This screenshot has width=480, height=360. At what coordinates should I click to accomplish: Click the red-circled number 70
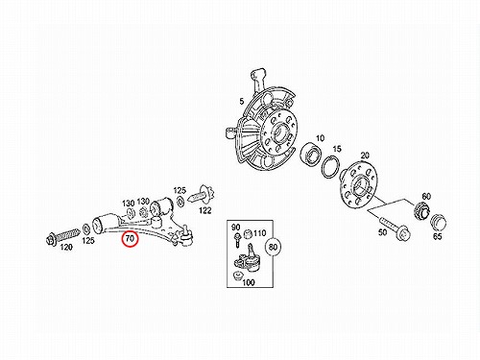(131, 238)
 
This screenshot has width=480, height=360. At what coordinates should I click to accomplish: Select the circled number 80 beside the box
(273, 247)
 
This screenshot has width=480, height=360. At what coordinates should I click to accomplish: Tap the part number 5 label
(242, 102)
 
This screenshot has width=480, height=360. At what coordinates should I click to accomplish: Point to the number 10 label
(320, 138)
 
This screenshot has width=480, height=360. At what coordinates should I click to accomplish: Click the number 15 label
(337, 149)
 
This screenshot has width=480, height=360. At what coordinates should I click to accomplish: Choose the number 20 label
(365, 156)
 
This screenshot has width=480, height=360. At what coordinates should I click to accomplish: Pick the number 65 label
(437, 236)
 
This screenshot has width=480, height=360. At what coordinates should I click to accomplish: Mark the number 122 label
(205, 210)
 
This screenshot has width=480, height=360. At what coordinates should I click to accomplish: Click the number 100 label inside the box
(249, 282)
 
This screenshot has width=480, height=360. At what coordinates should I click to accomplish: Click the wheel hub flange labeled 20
(357, 185)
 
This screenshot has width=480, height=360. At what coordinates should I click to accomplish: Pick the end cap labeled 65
(438, 222)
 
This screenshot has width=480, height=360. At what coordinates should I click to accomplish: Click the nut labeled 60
(421, 211)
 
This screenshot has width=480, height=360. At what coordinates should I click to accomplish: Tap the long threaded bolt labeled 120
(63, 235)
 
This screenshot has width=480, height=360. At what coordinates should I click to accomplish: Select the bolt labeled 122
(202, 196)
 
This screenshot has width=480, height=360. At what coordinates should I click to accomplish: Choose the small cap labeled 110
(248, 234)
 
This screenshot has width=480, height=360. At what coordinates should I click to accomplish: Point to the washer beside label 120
(86, 228)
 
